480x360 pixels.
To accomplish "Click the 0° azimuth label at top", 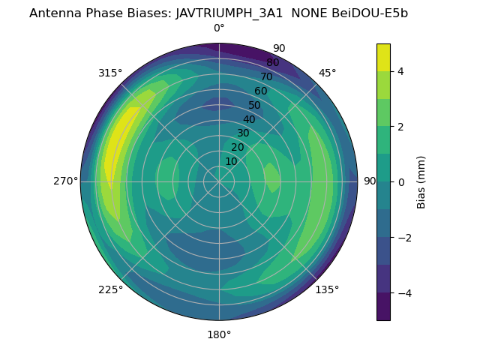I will [x=219, y=28].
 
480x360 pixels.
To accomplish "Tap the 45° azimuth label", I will [x=327, y=73].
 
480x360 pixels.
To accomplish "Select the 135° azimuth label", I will [x=327, y=289].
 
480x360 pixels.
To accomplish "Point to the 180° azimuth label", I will [x=219, y=334].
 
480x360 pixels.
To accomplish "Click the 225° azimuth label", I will [x=110, y=289].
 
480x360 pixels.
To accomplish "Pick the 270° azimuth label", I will [x=66, y=181].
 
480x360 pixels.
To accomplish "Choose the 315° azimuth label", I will [x=110, y=73].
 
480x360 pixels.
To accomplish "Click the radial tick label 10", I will [x=231, y=161].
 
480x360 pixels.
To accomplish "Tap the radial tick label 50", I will [x=255, y=105].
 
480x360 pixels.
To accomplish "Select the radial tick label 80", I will [x=273, y=62].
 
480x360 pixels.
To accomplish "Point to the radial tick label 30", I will [x=243, y=133].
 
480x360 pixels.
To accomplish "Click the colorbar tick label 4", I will [x=401, y=71].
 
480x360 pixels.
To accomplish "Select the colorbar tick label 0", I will [x=401, y=181].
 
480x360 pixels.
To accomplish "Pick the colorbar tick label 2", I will [x=401, y=127].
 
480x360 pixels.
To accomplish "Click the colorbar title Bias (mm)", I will [x=421, y=181].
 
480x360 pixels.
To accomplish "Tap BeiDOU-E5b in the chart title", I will [x=369, y=13].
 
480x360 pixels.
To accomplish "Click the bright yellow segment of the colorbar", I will [x=383, y=57].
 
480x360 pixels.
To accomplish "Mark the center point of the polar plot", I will [x=219, y=181].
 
